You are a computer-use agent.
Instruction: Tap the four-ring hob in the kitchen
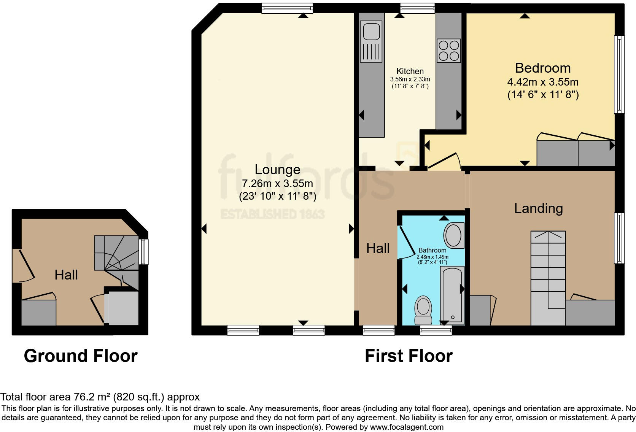pyautogui.click(x=448, y=51)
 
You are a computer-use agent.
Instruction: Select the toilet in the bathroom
pyautogui.click(x=423, y=310)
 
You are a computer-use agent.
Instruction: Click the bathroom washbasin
pyautogui.click(x=453, y=236)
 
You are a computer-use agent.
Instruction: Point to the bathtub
pyautogui.click(x=452, y=295)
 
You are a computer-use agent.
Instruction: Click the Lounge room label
pyautogui.click(x=277, y=170)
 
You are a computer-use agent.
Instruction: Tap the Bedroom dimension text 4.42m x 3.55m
pyautogui.click(x=543, y=82)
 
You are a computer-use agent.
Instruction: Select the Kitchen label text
pyautogui.click(x=410, y=71)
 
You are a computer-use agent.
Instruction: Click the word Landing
pyautogui.click(x=538, y=208)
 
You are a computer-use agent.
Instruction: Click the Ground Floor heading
pyautogui.click(x=81, y=356)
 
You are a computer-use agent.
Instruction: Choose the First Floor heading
pyautogui.click(x=409, y=356)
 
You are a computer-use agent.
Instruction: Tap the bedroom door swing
pyautogui.click(x=443, y=161)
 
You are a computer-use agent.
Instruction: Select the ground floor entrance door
pyautogui.click(x=23, y=266)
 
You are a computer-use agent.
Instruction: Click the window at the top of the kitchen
pyautogui.click(x=417, y=8)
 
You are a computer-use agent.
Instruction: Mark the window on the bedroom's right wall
pyautogui.click(x=620, y=75)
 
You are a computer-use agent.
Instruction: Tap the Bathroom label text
pyautogui.click(x=432, y=250)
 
